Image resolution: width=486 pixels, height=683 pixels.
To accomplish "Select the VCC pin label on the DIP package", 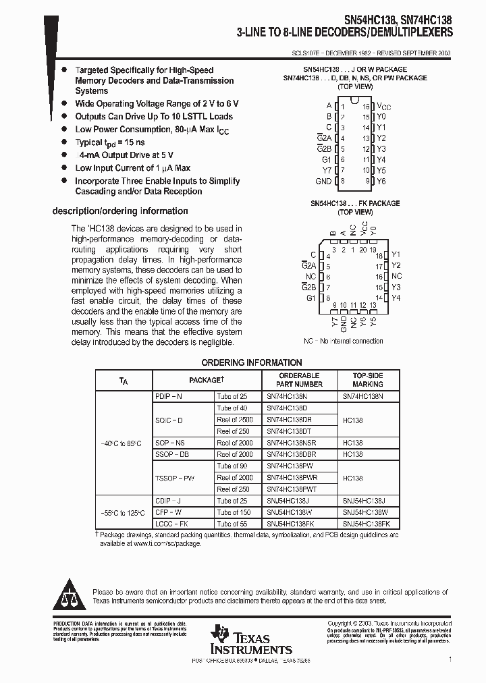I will [x=383, y=106].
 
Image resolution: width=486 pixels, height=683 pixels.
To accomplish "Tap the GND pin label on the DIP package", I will [x=323, y=182].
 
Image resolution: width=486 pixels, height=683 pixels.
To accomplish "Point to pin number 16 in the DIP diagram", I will [x=365, y=106].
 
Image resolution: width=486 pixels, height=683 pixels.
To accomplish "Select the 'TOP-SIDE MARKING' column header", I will [x=368, y=379].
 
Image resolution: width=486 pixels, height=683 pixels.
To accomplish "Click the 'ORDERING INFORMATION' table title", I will [x=252, y=362].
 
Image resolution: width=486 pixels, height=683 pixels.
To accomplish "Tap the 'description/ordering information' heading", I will [x=120, y=211].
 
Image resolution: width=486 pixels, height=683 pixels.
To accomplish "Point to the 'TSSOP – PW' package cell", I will [x=175, y=478].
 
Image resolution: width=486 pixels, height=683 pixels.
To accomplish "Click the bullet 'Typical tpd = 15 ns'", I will [x=110, y=142].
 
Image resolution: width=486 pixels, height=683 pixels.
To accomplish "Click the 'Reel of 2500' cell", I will [x=233, y=420].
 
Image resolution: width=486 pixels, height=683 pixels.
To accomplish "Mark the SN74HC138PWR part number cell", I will [x=292, y=478].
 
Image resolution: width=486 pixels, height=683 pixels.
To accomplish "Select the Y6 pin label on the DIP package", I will [x=381, y=182].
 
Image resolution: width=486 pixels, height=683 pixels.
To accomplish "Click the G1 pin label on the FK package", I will [x=310, y=298].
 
